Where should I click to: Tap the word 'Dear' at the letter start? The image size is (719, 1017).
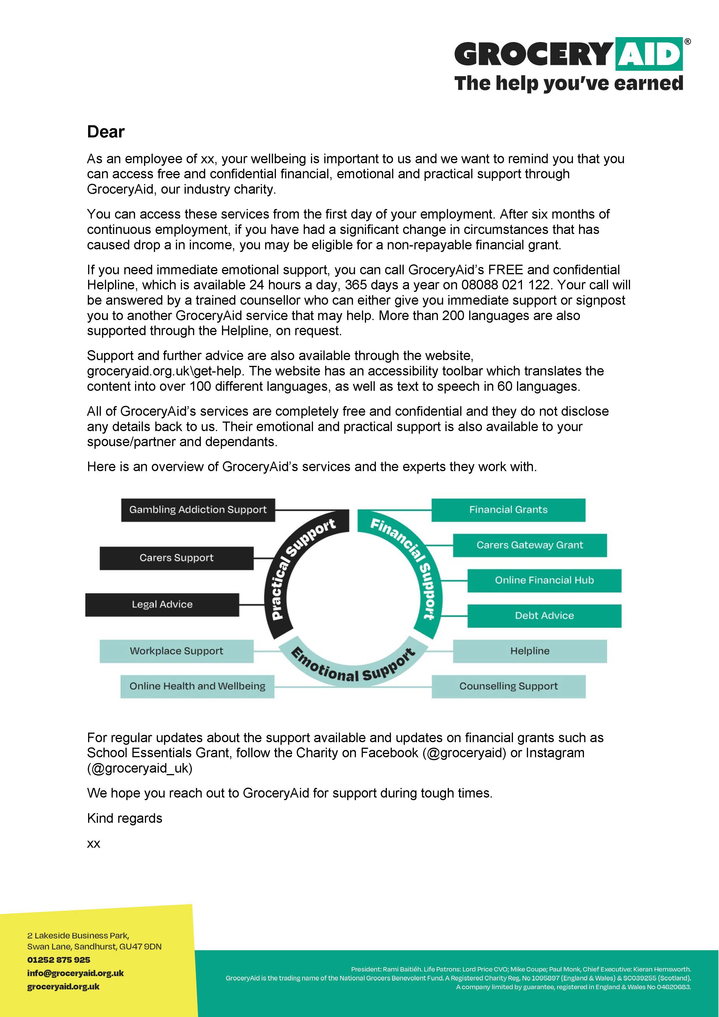[106, 132]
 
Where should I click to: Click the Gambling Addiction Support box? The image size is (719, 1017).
[198, 510]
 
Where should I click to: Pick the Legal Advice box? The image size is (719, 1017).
[162, 605]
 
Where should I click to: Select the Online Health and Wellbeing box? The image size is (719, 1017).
[197, 686]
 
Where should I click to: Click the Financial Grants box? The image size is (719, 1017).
[508, 510]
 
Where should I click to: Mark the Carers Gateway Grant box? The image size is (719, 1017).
[529, 545]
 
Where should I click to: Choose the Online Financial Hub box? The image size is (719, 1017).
[544, 580]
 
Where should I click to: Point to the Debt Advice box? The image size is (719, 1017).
[544, 616]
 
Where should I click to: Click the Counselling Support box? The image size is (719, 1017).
[508, 686]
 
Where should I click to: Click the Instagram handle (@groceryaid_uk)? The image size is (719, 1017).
[140, 768]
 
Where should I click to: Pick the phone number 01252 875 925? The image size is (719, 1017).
[59, 960]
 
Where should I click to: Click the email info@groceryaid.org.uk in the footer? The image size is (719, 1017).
[75, 973]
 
